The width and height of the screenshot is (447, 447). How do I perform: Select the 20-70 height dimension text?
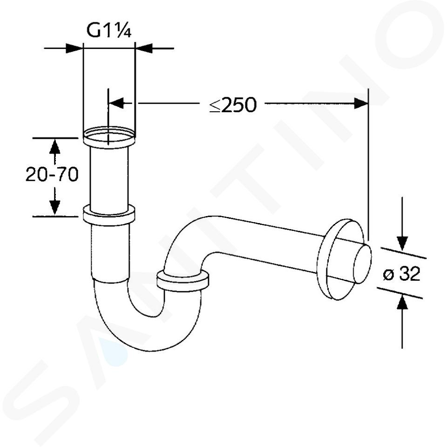pos(52,174)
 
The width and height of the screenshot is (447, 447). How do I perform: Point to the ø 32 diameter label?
pos(401,274)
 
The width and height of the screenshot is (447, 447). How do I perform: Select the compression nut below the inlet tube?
pos(108,215)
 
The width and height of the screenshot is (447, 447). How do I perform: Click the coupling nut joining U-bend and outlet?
pos(183,281)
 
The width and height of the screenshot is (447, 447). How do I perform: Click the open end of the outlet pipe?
pos(362,264)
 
